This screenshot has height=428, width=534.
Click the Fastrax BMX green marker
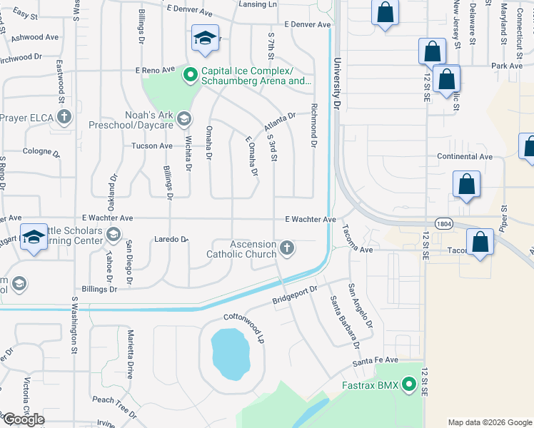tap(409, 386)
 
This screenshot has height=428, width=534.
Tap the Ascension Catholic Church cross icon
tap(286, 248)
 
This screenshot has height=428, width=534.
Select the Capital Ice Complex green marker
tap(191, 73)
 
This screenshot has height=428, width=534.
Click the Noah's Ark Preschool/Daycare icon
tap(183, 118)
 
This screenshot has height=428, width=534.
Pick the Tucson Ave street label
tap(152, 146)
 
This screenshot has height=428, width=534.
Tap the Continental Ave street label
tap(465, 156)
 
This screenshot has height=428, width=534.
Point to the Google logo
tap(23, 419)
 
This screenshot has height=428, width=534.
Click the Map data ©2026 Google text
tap(489, 422)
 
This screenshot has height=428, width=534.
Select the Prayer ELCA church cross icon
tap(64, 117)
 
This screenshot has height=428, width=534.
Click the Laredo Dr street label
tap(171, 240)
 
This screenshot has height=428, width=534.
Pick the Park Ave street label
tap(507, 66)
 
